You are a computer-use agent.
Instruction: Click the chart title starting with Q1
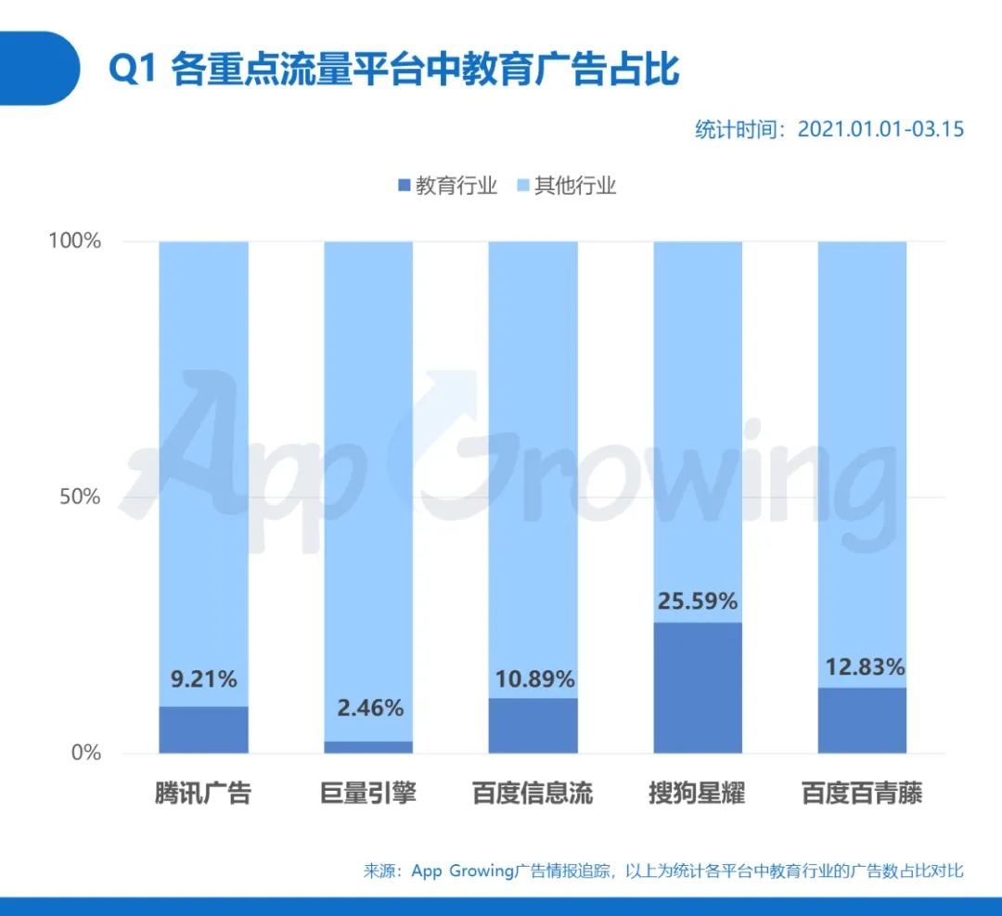tap(394, 70)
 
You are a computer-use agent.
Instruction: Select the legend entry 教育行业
tap(447, 186)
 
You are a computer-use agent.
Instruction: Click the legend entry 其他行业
tap(567, 186)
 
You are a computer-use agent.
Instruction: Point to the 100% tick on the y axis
tap(74, 241)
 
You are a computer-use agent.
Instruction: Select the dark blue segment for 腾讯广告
tap(203, 729)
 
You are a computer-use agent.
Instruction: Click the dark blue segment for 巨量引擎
tap(368, 747)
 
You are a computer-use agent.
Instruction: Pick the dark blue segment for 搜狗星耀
tap(698, 688)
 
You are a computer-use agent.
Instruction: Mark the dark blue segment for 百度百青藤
tap(862, 720)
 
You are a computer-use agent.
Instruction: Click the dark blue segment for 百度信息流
tap(533, 725)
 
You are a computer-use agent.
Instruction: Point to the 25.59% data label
tap(698, 601)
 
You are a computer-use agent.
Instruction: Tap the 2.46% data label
tap(368, 709)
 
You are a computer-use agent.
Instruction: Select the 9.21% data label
tap(203, 679)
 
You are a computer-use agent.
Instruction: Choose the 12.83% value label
tap(862, 667)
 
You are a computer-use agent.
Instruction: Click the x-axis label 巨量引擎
tap(368, 794)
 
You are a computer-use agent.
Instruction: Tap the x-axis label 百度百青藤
tap(862, 794)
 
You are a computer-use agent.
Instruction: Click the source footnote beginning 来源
tap(663, 871)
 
